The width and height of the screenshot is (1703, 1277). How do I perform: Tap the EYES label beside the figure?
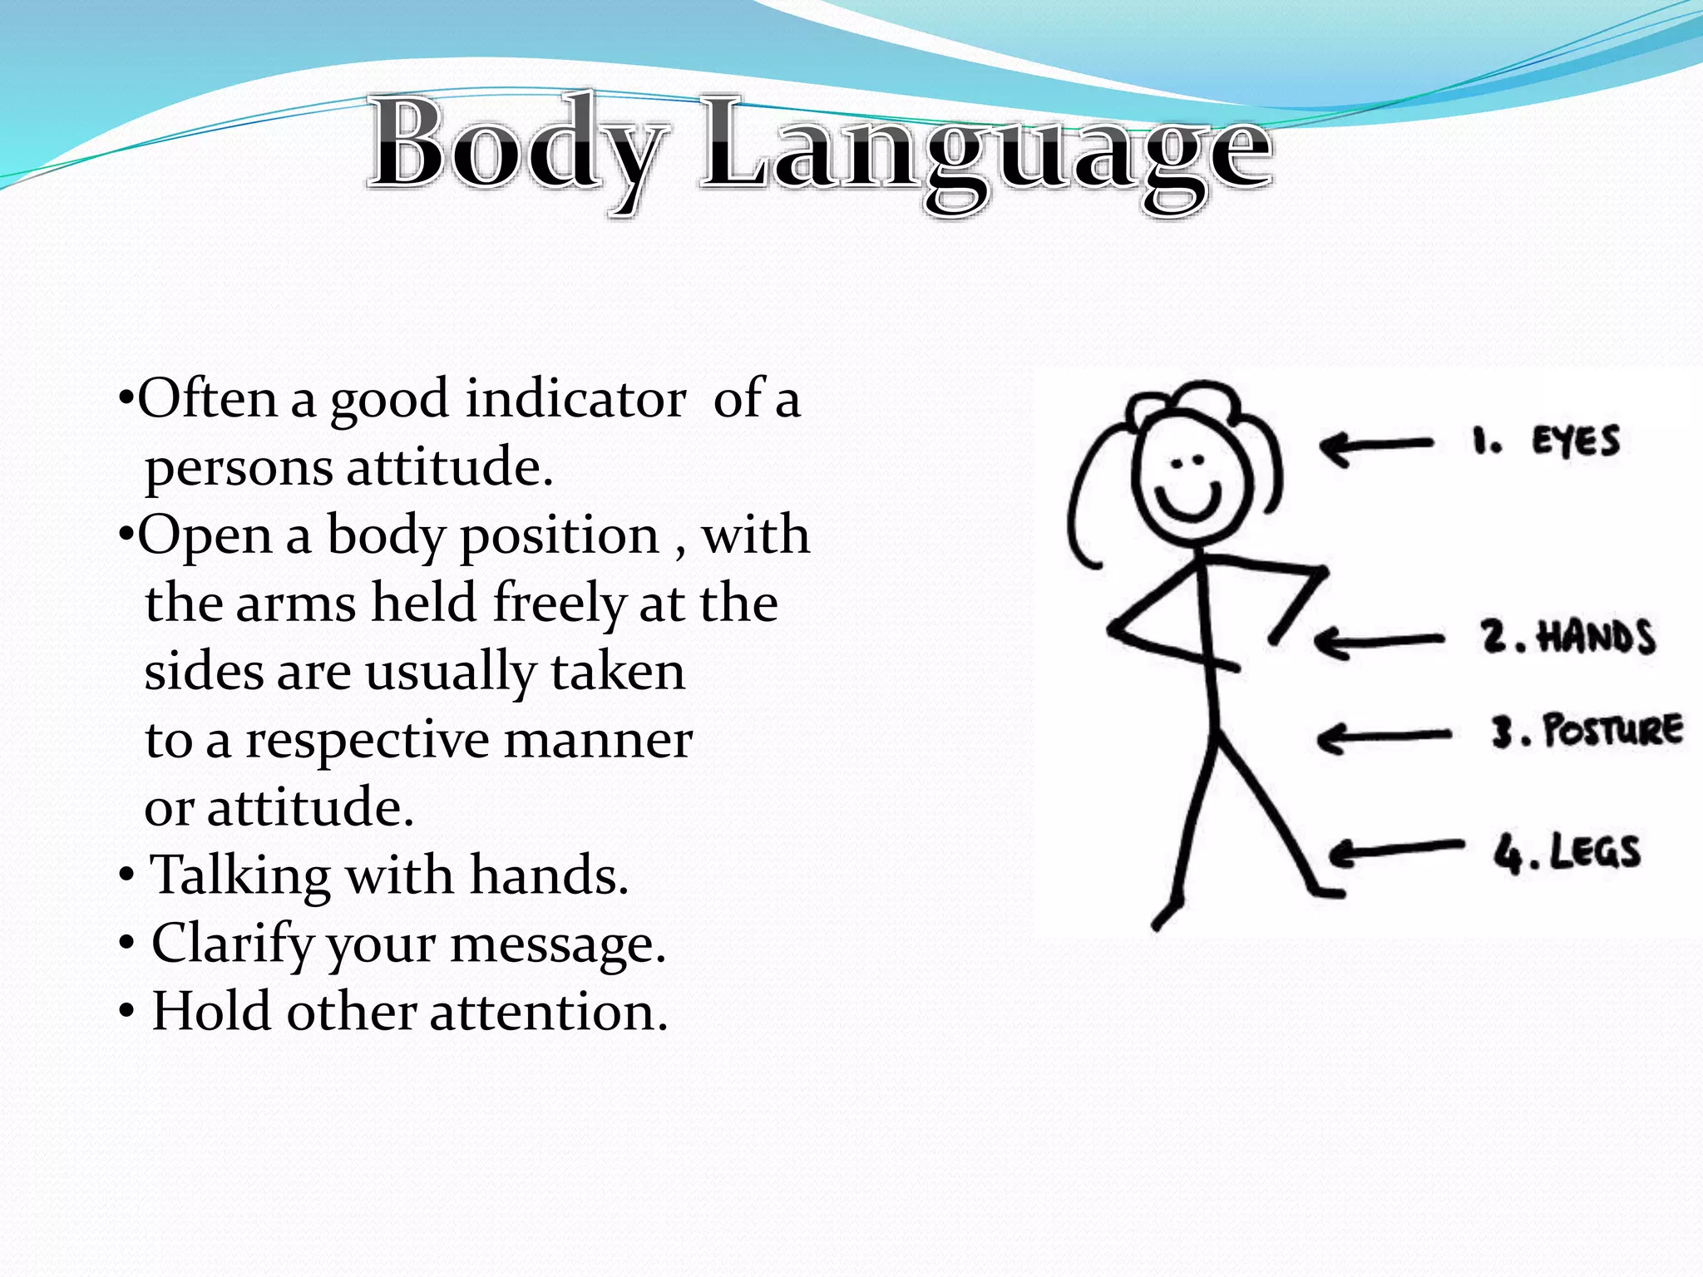point(1575,441)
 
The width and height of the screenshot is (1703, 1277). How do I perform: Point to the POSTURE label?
point(1612,732)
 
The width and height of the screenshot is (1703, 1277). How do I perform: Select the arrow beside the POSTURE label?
point(1384,737)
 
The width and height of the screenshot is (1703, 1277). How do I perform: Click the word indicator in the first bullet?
point(575,399)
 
